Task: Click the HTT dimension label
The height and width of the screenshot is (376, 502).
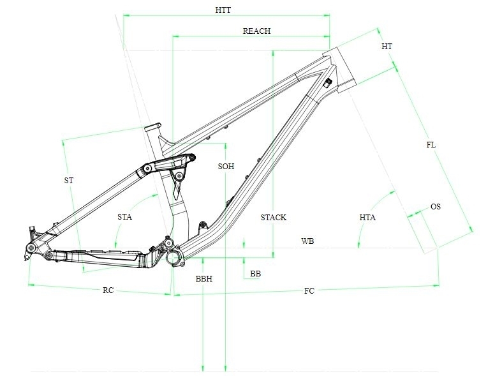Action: pos(223,10)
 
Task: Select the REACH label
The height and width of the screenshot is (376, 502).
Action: pos(256,31)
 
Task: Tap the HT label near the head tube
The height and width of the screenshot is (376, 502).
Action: pos(387,47)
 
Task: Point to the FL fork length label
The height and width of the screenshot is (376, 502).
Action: pos(431,145)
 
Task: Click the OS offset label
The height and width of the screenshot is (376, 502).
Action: pos(436,207)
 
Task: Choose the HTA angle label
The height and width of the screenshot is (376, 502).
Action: pos(367,218)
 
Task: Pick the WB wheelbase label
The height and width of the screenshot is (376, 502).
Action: pos(307,241)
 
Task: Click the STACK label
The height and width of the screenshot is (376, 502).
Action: pos(274,218)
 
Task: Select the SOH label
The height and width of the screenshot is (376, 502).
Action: pos(226,166)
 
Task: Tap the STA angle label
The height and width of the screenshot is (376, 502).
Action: pos(124,217)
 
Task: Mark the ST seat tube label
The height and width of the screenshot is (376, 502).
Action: pos(68,181)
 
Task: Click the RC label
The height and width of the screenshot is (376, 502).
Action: pos(108,290)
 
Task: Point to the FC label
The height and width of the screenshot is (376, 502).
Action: pos(309,291)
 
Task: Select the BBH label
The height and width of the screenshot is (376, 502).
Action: pos(204,278)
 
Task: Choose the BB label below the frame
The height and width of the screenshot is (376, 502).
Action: pos(256,273)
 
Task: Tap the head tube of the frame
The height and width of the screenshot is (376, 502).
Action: pos(339,70)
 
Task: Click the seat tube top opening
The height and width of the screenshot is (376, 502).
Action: pos(152,127)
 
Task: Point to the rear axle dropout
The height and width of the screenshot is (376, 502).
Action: pos(31,247)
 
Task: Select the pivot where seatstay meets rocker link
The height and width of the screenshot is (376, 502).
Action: pos(147,168)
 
